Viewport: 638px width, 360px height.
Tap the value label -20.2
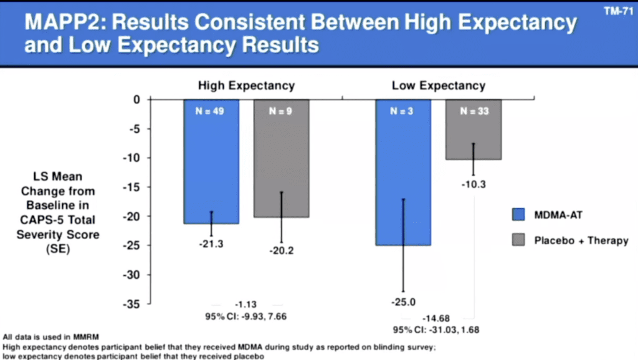point(281,252)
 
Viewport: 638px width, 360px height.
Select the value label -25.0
point(403,303)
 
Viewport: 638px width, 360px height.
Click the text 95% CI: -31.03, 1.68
point(436,329)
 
